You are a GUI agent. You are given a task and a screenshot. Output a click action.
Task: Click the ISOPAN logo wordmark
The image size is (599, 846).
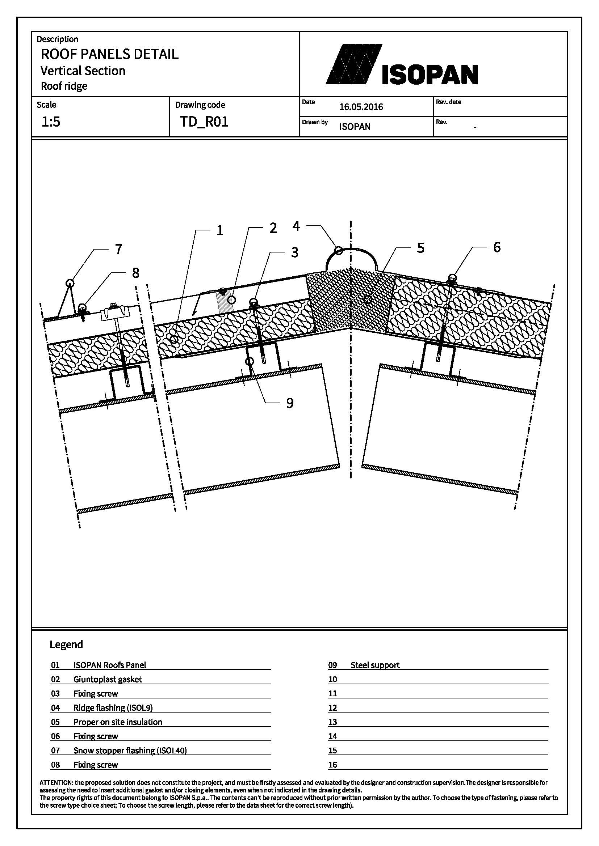(x=430, y=75)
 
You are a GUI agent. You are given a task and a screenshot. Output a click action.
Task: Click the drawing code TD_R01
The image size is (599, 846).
(x=204, y=122)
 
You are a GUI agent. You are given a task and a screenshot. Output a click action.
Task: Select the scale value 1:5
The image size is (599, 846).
(x=51, y=122)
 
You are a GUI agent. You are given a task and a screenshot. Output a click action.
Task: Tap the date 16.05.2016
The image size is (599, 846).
(x=361, y=107)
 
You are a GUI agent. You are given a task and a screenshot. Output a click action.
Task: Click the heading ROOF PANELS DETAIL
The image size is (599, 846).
(x=109, y=54)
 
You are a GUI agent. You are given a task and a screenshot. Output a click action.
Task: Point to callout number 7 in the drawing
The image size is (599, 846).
(x=118, y=250)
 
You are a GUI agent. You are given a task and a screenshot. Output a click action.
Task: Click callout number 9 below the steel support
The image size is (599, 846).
(x=290, y=403)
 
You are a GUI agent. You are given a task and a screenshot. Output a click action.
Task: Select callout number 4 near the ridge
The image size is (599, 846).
(x=296, y=226)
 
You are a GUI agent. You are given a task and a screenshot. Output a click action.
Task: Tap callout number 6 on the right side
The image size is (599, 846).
(x=497, y=247)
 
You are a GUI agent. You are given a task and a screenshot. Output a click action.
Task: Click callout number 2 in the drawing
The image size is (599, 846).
(x=273, y=228)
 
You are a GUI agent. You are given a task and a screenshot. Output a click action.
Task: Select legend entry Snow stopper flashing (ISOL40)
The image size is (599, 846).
(x=130, y=750)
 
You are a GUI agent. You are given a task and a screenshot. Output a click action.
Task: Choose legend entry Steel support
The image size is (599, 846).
(x=375, y=665)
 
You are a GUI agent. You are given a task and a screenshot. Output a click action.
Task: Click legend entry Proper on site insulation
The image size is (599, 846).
(x=118, y=722)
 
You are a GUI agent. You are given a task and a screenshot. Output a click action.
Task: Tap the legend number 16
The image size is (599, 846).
(x=333, y=765)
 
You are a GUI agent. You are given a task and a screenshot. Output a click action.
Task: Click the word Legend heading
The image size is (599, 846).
(x=66, y=644)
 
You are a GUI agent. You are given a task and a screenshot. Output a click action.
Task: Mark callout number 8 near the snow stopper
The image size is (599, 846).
(x=136, y=273)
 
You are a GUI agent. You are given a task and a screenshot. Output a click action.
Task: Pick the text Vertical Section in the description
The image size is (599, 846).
(x=83, y=71)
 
